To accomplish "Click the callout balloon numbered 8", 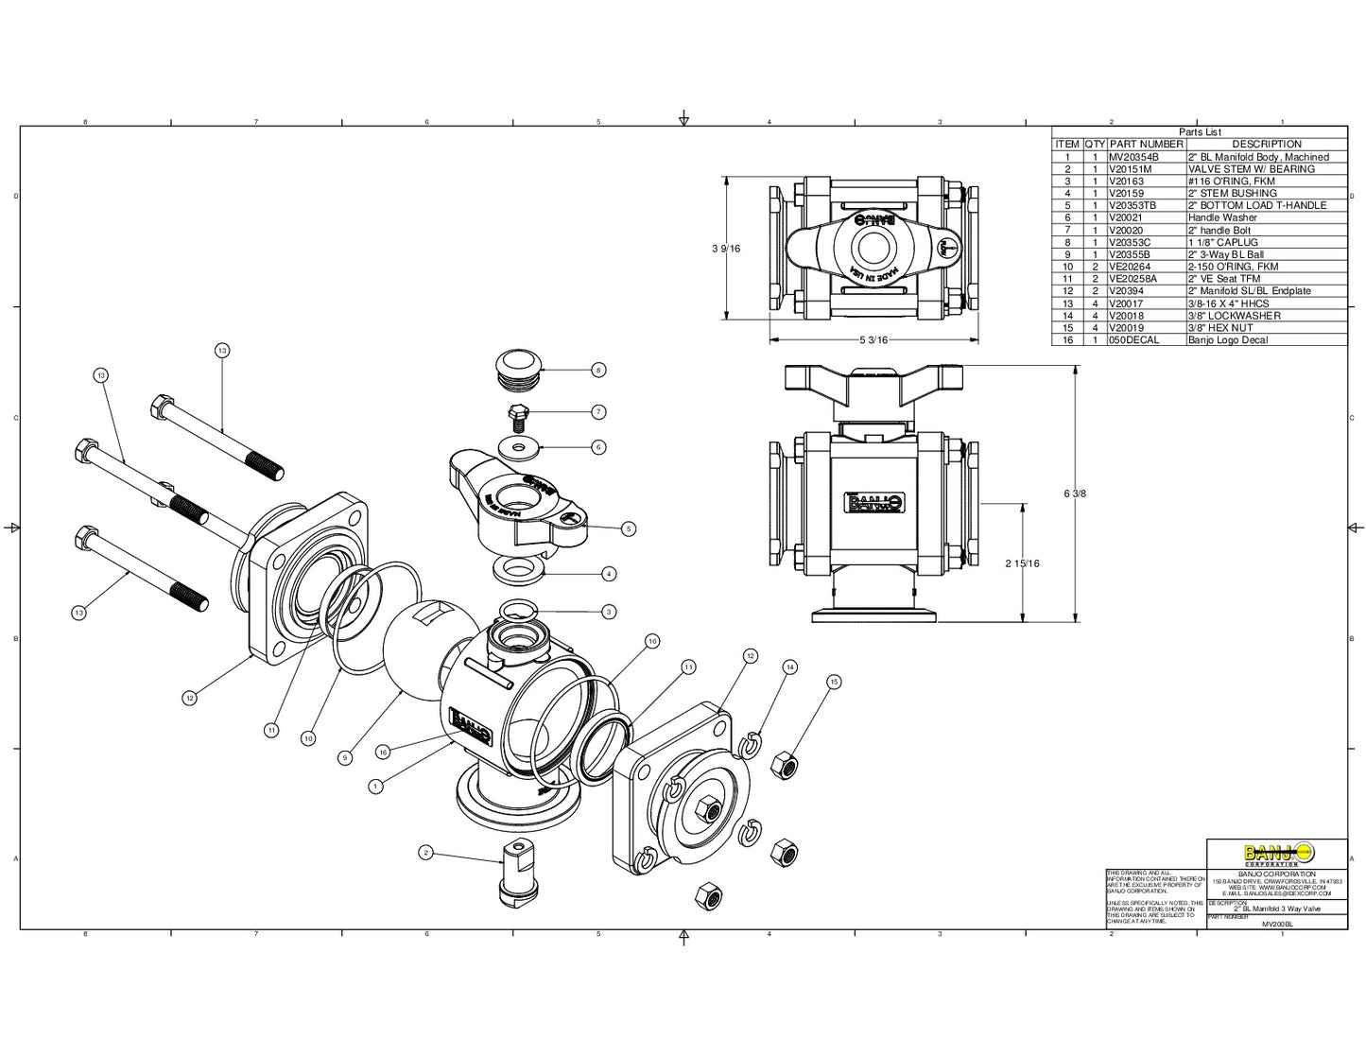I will point(598,371).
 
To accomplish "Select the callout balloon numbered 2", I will point(426,853).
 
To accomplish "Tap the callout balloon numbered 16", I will point(383,753).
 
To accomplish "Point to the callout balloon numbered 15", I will point(833,682).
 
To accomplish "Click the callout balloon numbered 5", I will point(629,529).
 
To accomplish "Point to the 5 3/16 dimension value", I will point(874,340).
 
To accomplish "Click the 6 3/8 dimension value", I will point(1076,493).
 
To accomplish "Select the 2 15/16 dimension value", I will point(1022,563).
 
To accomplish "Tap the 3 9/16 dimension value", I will point(726,249).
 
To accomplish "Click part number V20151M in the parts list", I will point(1131,169).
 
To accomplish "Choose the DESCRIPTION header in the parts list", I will point(1267,145).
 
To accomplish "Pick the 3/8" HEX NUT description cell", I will point(1220,328).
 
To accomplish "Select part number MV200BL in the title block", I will point(1277,924).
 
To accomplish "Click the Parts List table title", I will point(1200,132).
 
